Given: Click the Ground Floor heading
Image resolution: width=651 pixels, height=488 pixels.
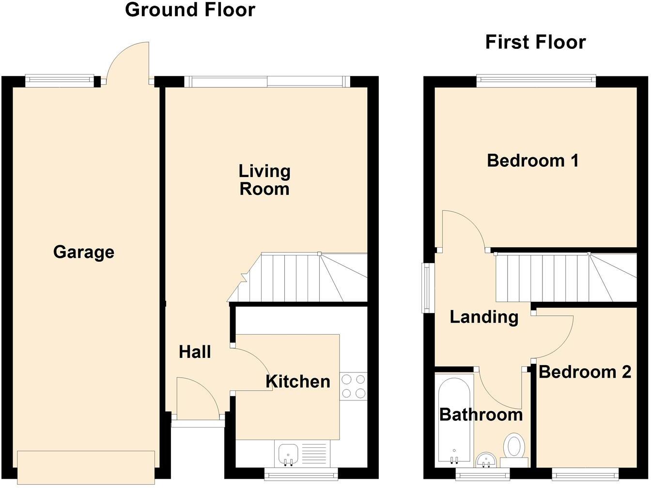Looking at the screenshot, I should click(x=190, y=10).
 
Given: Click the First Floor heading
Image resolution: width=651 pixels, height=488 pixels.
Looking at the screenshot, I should click(x=535, y=42).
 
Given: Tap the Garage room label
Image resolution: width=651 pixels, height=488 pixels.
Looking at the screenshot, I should click(x=84, y=252).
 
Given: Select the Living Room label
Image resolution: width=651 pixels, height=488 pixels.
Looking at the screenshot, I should click(x=264, y=180).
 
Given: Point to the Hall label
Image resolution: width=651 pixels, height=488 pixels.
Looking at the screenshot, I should click(x=195, y=352).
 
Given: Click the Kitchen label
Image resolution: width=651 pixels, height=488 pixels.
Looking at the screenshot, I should click(x=298, y=382).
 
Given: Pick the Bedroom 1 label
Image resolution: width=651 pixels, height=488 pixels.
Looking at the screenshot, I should click(x=533, y=160).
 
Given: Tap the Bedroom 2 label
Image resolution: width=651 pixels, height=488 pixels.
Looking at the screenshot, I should click(x=585, y=372).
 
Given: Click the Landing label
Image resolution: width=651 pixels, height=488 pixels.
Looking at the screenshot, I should click(x=484, y=317).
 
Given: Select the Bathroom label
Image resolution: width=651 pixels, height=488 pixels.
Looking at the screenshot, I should click(x=481, y=414).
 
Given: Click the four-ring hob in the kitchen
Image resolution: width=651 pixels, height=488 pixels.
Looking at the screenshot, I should click(x=353, y=386).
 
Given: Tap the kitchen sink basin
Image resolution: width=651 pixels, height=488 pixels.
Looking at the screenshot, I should click(x=288, y=454).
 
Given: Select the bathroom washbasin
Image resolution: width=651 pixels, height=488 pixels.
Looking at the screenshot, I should click(x=485, y=459).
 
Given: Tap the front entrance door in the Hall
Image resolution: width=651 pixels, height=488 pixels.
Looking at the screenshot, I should click(x=198, y=396).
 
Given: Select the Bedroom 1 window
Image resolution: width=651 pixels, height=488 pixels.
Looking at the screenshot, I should click(x=536, y=80).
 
